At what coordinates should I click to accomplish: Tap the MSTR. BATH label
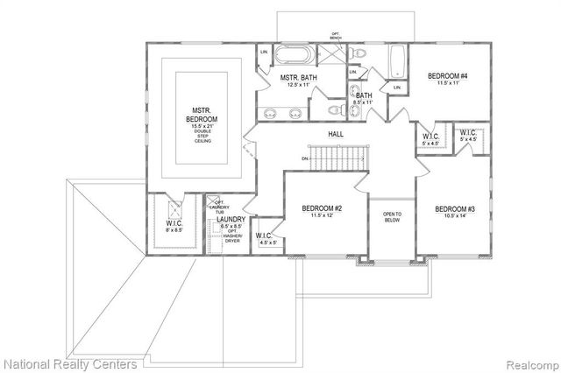[x=296, y=80]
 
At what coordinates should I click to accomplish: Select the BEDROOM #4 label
[x=447, y=77]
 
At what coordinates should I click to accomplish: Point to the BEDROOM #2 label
[x=321, y=208]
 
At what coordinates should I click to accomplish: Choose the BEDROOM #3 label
[x=456, y=210]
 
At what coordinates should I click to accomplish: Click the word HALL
[x=336, y=134]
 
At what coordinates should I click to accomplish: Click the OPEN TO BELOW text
[x=391, y=218]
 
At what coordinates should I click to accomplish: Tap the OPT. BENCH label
[x=334, y=36]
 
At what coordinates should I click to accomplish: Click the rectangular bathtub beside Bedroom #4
[x=396, y=60]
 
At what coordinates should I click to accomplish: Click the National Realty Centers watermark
[x=70, y=362]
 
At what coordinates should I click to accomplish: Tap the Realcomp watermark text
[x=529, y=362]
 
